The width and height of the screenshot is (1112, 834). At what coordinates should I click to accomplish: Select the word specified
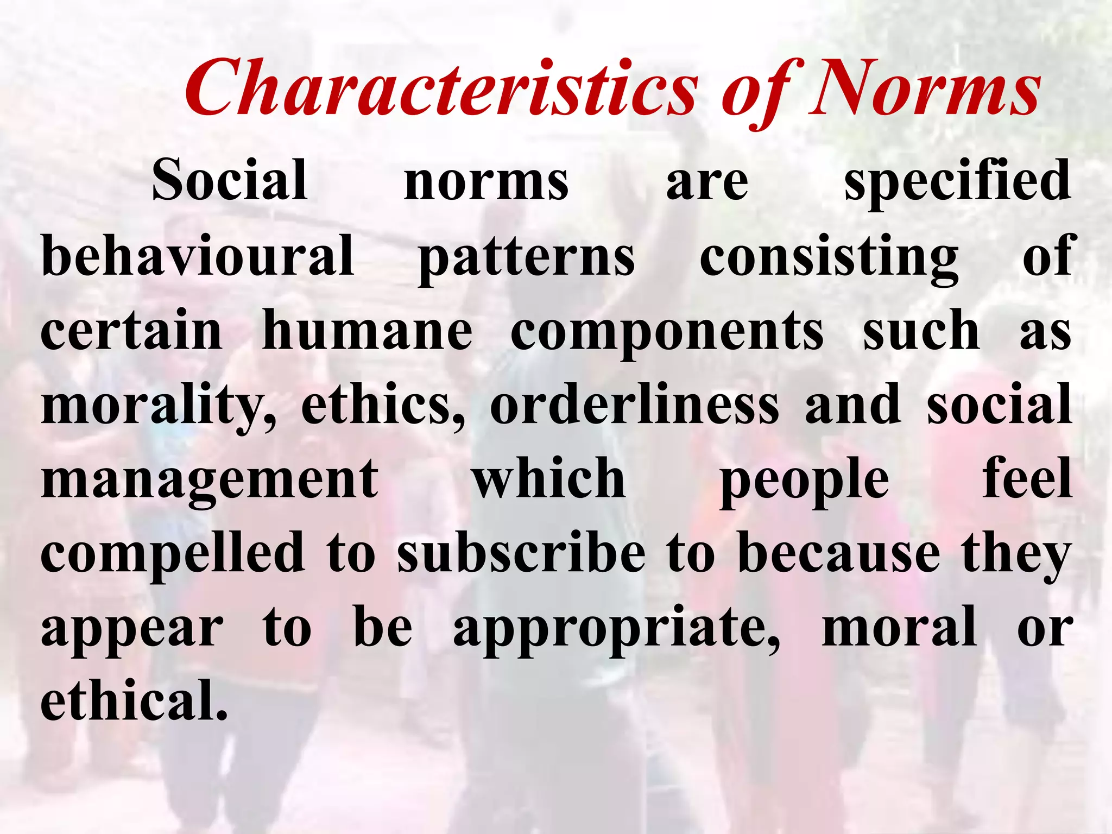coord(957,181)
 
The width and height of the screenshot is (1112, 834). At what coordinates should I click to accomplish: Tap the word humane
coord(367,331)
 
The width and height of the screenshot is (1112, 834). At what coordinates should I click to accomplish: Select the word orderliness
coord(634,405)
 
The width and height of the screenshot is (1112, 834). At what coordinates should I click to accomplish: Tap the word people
coord(804,481)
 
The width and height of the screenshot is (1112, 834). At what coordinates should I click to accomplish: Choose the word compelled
coord(173,554)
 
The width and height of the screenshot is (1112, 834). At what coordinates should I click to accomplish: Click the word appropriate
coord(617,629)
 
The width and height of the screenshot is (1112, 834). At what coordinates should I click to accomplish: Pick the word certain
coord(131,331)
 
